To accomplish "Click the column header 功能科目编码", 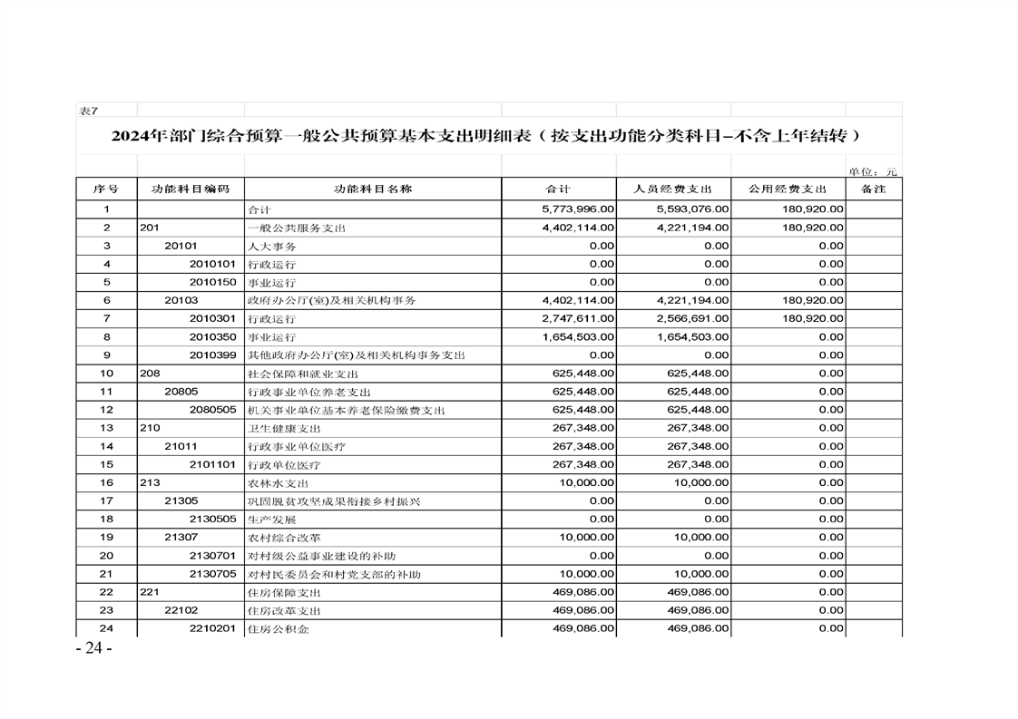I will point(191,189).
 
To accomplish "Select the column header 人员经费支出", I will point(673,189).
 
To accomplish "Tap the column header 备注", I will point(873,189).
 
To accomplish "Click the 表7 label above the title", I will point(88,111).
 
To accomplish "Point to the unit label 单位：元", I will point(873,171).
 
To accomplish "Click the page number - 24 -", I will point(94,648).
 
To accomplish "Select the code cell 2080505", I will point(213,410).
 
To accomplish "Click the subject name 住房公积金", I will point(278,628).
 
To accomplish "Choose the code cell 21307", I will point(181,537).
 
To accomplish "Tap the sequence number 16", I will point(106,482).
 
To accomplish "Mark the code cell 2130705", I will point(213,574).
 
